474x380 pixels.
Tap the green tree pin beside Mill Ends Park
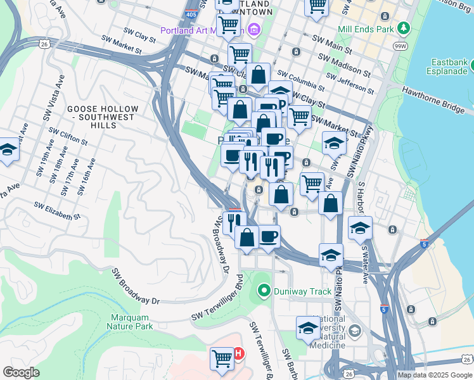tap(403, 28)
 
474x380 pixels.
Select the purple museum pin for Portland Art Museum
tap(254, 29)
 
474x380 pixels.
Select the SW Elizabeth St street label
tap(58, 211)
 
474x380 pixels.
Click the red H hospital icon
tap(238, 353)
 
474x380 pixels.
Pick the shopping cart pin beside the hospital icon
tap(222, 358)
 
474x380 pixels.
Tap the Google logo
tap(21, 372)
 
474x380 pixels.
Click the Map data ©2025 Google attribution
tap(435, 375)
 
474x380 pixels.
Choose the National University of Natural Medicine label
tap(328, 332)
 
